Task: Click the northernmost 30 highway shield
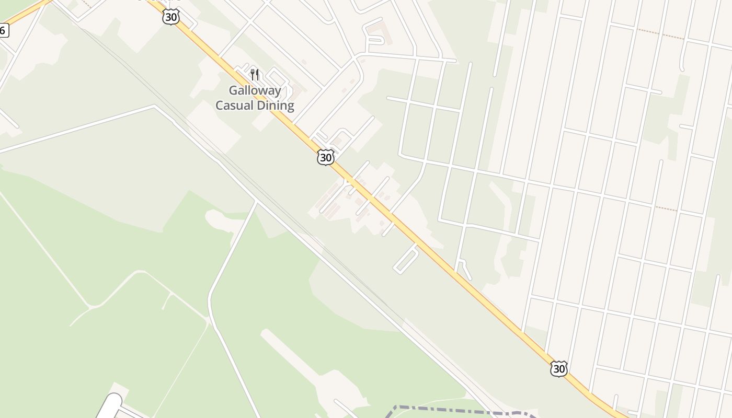171,17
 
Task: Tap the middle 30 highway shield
325,157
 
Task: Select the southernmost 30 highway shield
558,369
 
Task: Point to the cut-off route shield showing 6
4,30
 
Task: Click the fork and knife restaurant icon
255,75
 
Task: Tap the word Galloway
255,90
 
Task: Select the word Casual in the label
234,106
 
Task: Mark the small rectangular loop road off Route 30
406,260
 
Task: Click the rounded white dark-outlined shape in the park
108,407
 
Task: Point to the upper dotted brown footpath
660,34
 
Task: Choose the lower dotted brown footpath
666,209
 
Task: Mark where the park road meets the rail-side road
256,201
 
